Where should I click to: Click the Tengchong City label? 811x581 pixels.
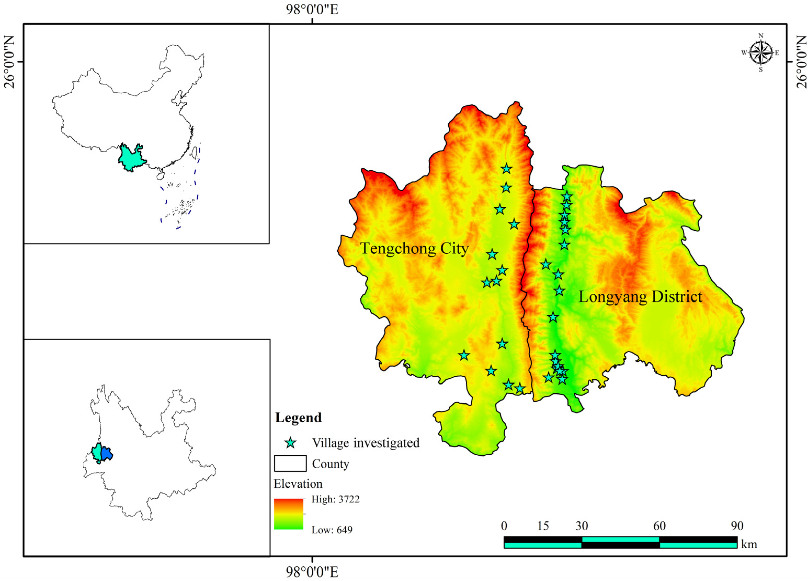414,248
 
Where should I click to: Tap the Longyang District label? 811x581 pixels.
640,297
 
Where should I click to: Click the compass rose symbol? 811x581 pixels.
761,53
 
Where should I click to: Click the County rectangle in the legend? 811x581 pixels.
290,463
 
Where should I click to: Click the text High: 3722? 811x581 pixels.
335,499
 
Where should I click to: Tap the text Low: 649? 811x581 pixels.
332,529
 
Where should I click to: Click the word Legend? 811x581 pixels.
298,418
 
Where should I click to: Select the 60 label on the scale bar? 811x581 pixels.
659,526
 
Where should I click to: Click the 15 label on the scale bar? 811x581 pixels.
542,526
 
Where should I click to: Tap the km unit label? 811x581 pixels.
749,544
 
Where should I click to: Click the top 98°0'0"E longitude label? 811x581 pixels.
312,10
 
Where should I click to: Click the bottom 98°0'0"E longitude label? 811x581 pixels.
312,572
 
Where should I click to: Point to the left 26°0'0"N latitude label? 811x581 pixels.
10,61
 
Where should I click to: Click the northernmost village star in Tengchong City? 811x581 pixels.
506,169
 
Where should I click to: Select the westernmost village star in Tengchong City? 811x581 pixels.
464,355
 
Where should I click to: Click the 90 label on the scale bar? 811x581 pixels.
737,526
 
